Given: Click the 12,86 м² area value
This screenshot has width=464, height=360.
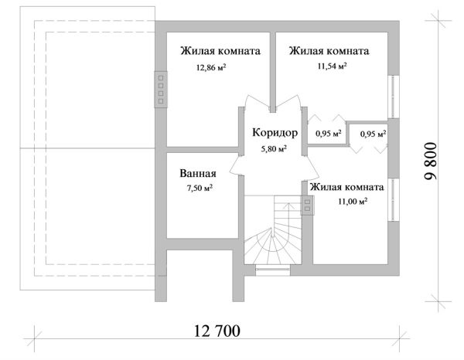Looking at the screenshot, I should point(211,67).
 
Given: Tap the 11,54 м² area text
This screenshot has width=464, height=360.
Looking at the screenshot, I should point(331,66).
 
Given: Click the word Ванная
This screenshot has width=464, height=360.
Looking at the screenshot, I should point(197,174).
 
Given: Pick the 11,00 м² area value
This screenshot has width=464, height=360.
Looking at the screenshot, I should point(352,201).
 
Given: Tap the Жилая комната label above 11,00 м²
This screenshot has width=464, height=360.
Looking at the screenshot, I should point(346,187).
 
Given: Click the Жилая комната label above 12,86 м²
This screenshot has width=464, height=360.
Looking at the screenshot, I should point(220,51).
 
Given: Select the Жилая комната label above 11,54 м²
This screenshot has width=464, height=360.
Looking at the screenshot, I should point(329,51).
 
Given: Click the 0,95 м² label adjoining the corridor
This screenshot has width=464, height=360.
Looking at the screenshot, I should point(325,133).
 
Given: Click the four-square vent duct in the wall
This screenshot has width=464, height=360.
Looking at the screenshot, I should point(161,89).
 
